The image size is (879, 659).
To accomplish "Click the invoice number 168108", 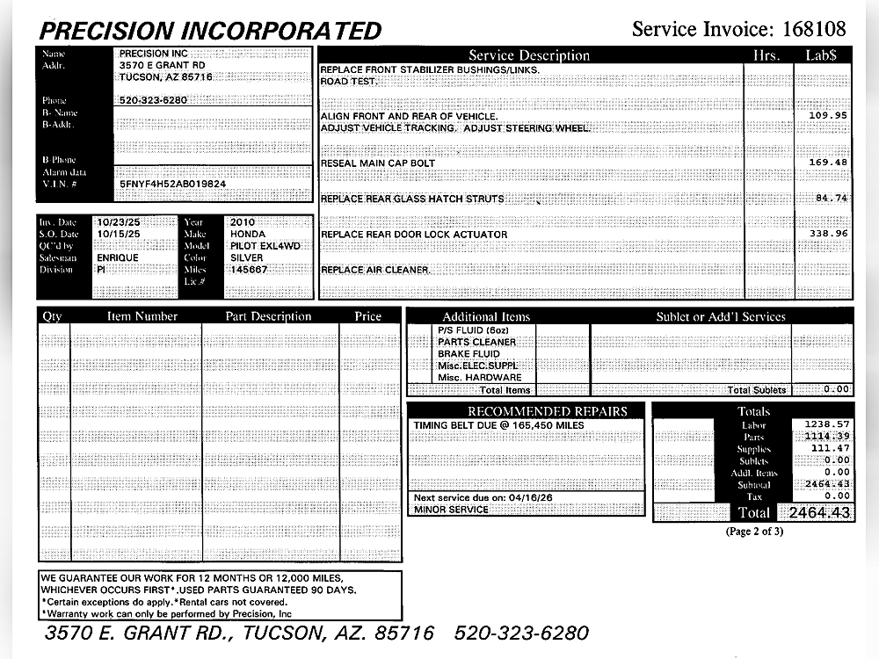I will [x=814, y=29].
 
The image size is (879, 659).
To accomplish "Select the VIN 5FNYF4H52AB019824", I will [x=172, y=185].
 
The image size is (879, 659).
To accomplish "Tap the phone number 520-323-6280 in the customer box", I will [x=153, y=100].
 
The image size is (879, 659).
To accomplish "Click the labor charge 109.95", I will [x=828, y=115].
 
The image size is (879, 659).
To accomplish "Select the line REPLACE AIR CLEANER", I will [x=375, y=270].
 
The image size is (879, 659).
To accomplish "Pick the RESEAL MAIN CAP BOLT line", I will [x=378, y=163].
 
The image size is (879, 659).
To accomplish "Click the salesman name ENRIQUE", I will [x=118, y=258].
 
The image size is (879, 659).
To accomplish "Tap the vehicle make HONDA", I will [x=248, y=235].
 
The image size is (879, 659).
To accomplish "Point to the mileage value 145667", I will [x=249, y=270].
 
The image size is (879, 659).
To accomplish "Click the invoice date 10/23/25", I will [x=118, y=223].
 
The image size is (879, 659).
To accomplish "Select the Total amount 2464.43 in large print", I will [x=820, y=512].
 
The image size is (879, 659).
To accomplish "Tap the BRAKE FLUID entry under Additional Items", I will [x=469, y=354].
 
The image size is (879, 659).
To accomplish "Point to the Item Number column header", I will [x=142, y=316].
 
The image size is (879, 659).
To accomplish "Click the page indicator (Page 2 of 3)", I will [x=754, y=531].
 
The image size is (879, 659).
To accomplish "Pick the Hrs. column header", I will [x=766, y=55].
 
